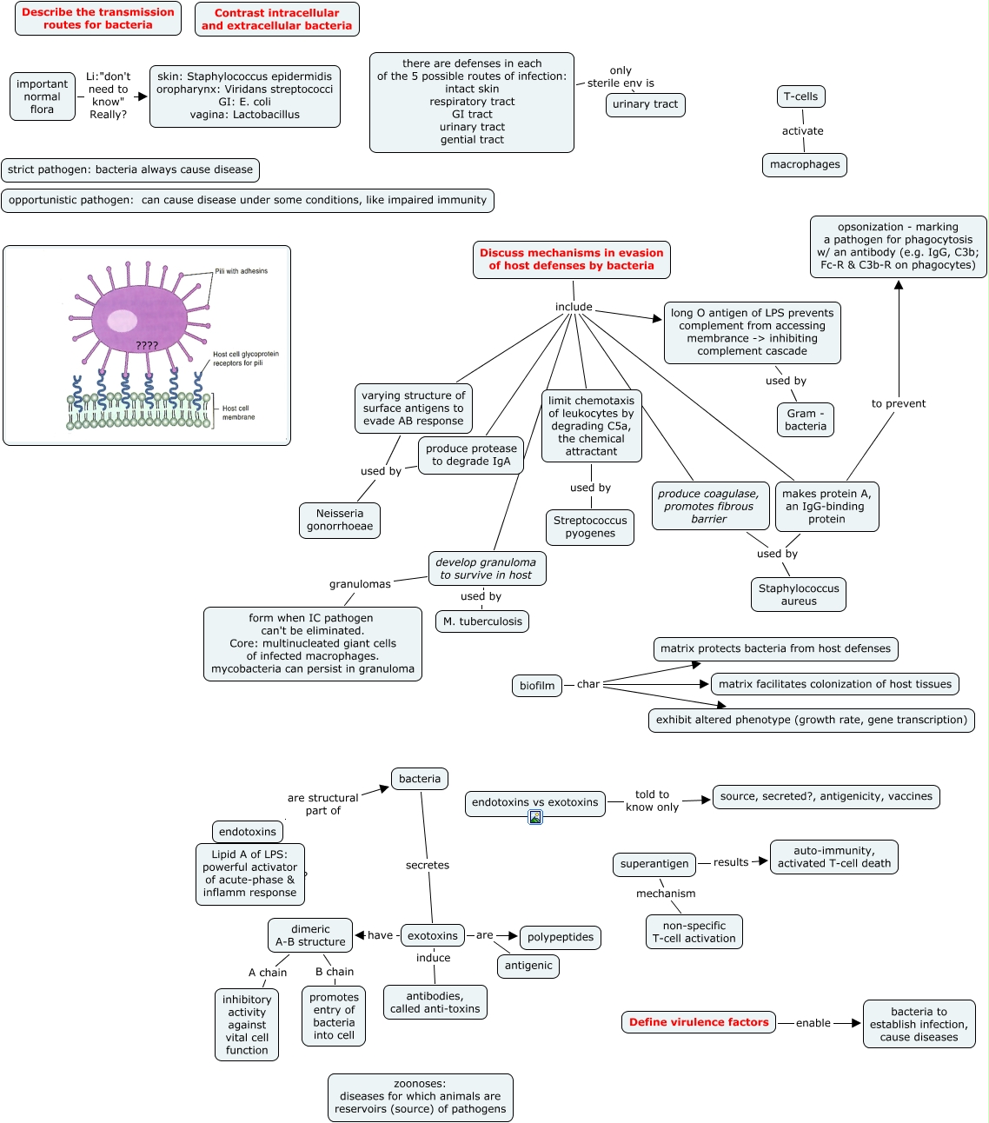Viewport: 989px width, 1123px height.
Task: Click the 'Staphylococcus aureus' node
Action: (798, 595)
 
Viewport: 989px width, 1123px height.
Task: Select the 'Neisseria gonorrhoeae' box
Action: (340, 520)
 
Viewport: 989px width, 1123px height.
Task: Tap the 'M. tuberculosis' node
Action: (482, 621)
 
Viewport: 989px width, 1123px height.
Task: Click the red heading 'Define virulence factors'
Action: (699, 1022)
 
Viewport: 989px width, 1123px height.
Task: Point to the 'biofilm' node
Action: (536, 686)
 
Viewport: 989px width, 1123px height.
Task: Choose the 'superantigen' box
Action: (654, 863)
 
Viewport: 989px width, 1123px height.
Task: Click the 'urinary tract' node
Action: (645, 104)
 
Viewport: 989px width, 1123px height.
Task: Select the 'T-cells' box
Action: (800, 96)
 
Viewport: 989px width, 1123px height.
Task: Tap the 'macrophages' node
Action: (805, 164)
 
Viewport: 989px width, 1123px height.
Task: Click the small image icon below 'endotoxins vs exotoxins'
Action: (535, 817)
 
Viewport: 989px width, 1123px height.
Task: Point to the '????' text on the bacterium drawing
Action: (147, 346)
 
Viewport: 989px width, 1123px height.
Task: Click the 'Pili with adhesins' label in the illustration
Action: (242, 271)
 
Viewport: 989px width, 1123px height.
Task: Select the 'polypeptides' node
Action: (561, 937)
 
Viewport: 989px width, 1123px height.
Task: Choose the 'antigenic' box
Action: (528, 966)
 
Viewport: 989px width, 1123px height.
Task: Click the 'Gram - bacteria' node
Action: (806, 420)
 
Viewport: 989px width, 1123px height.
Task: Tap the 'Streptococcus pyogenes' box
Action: (590, 527)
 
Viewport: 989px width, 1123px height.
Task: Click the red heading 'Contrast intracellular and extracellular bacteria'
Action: (276, 19)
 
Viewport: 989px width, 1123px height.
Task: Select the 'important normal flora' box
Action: (43, 96)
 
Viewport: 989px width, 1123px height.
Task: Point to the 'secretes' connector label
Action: (427, 865)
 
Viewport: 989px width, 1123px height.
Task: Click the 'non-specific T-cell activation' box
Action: (694, 932)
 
